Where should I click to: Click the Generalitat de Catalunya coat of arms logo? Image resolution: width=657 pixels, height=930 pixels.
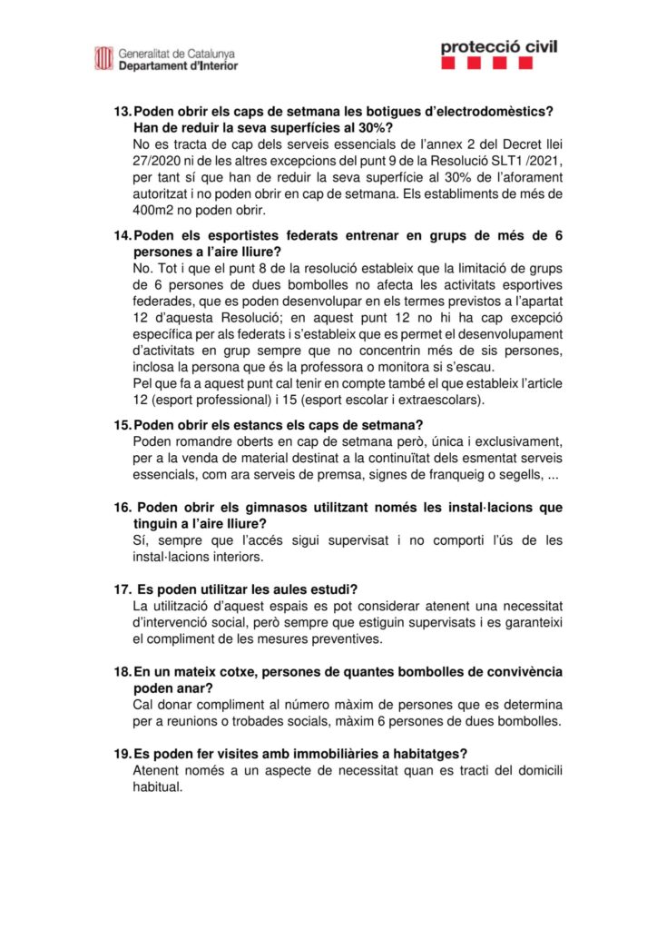click(103, 58)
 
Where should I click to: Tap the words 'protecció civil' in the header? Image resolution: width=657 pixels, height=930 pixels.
click(498, 46)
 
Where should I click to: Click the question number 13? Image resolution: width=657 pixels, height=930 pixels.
click(122, 111)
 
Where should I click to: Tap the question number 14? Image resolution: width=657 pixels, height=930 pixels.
click(122, 235)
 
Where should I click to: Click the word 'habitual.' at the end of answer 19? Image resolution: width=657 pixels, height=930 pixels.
click(157, 787)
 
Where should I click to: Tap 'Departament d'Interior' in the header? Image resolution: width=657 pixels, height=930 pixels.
click(178, 65)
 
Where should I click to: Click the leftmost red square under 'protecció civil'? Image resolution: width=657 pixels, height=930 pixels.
click(450, 64)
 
